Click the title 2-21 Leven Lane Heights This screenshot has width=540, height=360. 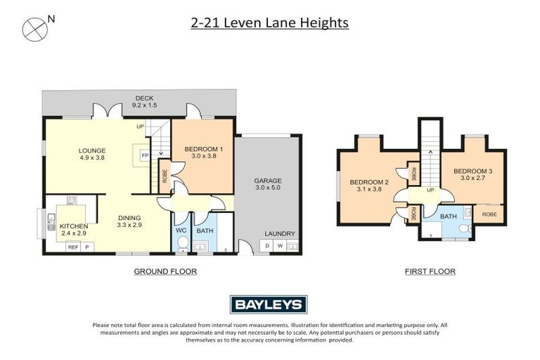pyautogui.click(x=270, y=23)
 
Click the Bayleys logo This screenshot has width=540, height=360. pyautogui.click(x=269, y=304)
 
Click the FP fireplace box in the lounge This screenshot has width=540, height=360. pyautogui.click(x=144, y=155)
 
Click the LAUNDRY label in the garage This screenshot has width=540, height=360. pyautogui.click(x=280, y=234)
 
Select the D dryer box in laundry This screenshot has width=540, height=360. pyautogui.click(x=266, y=245)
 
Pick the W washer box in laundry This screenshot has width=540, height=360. pyautogui.click(x=279, y=245)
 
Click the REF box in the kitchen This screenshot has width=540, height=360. pyautogui.click(x=72, y=247)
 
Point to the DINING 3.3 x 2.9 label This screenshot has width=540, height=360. pyautogui.click(x=129, y=221)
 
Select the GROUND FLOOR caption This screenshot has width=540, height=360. pyautogui.click(x=165, y=271)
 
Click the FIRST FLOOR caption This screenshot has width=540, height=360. pyautogui.click(x=430, y=271)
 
